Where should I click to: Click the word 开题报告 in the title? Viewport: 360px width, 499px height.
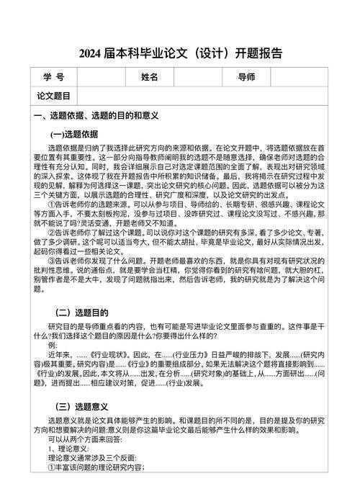coord(258,53)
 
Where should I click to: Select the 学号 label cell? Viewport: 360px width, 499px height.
coord(53,77)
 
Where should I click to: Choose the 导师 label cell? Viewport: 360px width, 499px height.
coord(246,77)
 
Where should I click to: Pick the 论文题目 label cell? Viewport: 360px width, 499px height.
coord(53,95)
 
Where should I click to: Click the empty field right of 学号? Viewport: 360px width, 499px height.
coord(101,77)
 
